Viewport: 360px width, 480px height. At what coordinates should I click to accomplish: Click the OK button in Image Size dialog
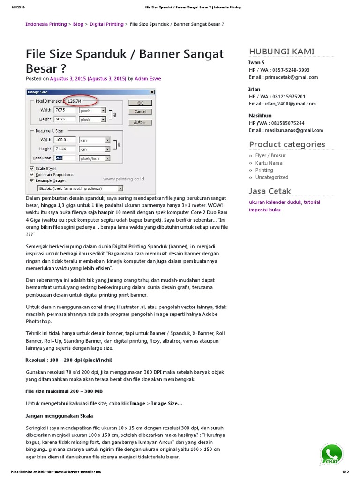140,103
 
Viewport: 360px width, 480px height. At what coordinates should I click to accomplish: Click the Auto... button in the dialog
140,122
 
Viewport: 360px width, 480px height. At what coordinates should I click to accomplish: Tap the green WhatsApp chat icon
331,454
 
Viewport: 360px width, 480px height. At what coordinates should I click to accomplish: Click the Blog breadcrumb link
78,24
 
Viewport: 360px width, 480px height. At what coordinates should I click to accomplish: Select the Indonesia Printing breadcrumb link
46,24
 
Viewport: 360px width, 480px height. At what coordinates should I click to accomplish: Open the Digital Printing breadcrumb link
106,24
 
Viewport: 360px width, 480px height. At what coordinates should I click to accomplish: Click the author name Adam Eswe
148,79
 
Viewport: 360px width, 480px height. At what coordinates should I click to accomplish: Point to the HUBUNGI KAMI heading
282,52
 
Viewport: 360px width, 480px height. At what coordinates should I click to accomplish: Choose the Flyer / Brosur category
270,155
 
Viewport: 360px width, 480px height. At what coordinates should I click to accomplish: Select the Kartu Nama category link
269,163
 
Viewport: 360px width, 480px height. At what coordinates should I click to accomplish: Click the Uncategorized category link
272,177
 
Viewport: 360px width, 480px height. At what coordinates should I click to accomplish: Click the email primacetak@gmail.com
291,77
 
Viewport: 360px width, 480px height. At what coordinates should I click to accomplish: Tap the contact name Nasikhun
260,115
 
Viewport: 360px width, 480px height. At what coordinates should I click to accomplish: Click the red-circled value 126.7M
75,101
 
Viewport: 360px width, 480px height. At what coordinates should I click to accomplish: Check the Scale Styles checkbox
32,168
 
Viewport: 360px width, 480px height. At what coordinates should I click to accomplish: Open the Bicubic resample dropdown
80,188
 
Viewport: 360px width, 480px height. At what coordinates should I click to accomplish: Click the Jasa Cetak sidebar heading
270,191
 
